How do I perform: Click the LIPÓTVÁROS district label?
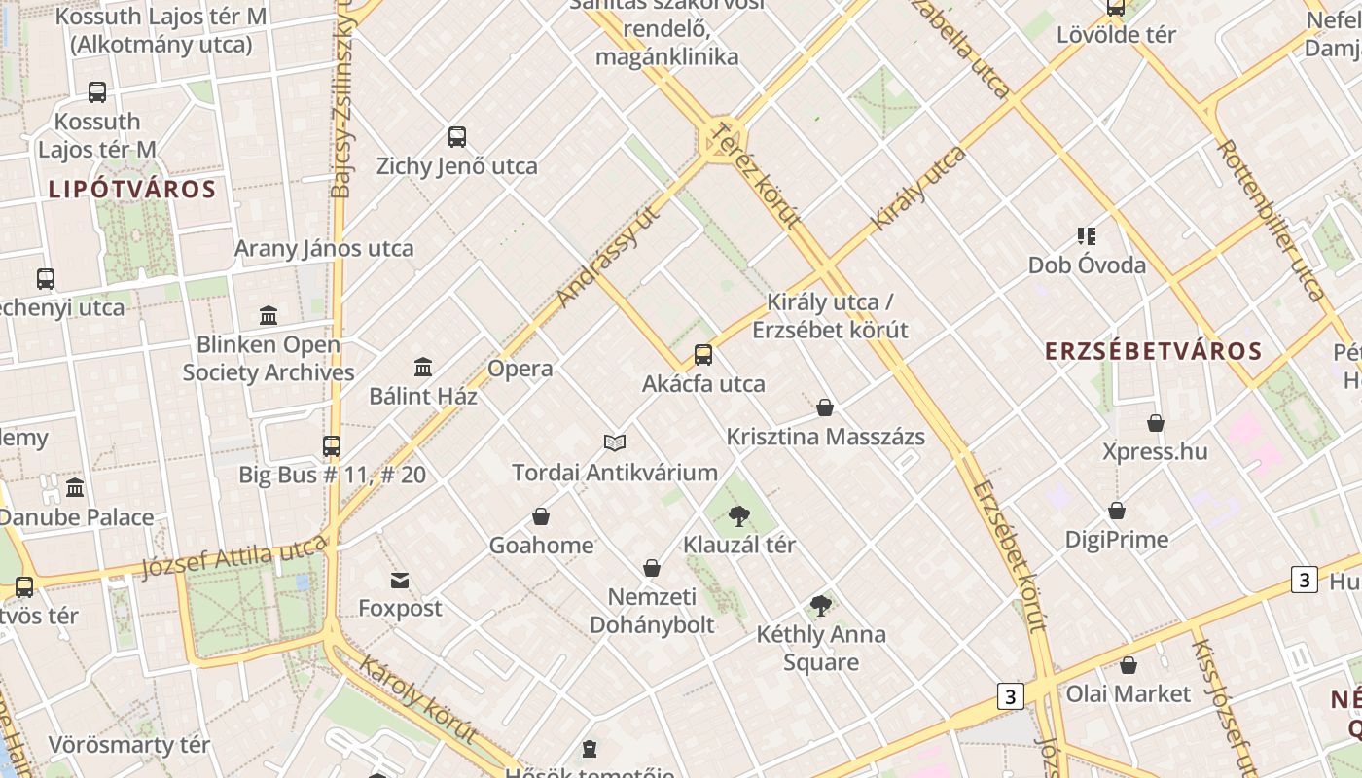[132, 189]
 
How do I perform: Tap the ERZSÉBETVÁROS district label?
[1154, 351]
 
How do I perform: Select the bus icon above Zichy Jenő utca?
[457, 137]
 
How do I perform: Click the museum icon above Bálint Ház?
[423, 368]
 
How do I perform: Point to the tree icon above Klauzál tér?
[739, 515]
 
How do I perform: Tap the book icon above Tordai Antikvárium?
[615, 443]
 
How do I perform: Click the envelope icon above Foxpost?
[400, 581]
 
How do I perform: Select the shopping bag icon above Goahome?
[541, 516]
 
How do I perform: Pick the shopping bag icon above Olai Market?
[1129, 665]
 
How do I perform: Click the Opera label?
[520, 369]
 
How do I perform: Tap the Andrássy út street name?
[609, 256]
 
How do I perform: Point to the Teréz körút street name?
[755, 173]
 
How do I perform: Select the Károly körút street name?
[417, 698]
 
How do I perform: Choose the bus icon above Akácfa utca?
[703, 355]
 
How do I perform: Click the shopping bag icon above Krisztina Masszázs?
[825, 407]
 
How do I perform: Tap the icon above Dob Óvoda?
[1087, 235]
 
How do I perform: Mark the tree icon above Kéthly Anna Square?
[821, 606]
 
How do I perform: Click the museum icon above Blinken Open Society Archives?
[269, 315]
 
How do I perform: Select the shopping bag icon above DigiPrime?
[1117, 511]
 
